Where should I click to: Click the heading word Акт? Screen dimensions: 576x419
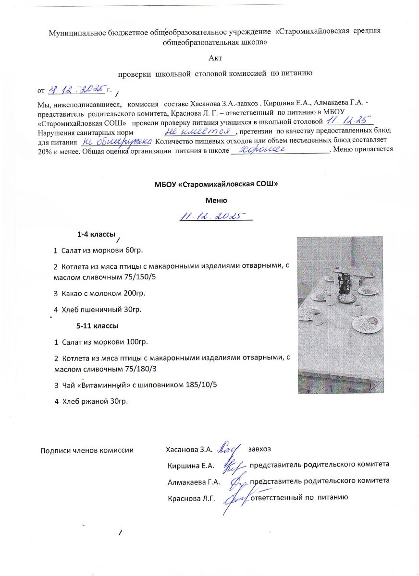(216, 58)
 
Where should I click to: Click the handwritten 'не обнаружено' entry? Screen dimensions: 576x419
(115, 141)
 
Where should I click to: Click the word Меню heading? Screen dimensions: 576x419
(216, 200)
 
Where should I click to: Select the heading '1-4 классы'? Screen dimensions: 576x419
(96, 235)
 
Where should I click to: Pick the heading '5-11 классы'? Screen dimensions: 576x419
(98, 325)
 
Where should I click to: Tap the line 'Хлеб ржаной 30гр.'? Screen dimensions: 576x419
(91, 401)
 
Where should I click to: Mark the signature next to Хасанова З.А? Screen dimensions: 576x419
(230, 448)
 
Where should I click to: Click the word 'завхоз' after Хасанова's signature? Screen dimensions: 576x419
(259, 449)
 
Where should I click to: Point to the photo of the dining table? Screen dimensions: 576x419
(340, 314)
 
